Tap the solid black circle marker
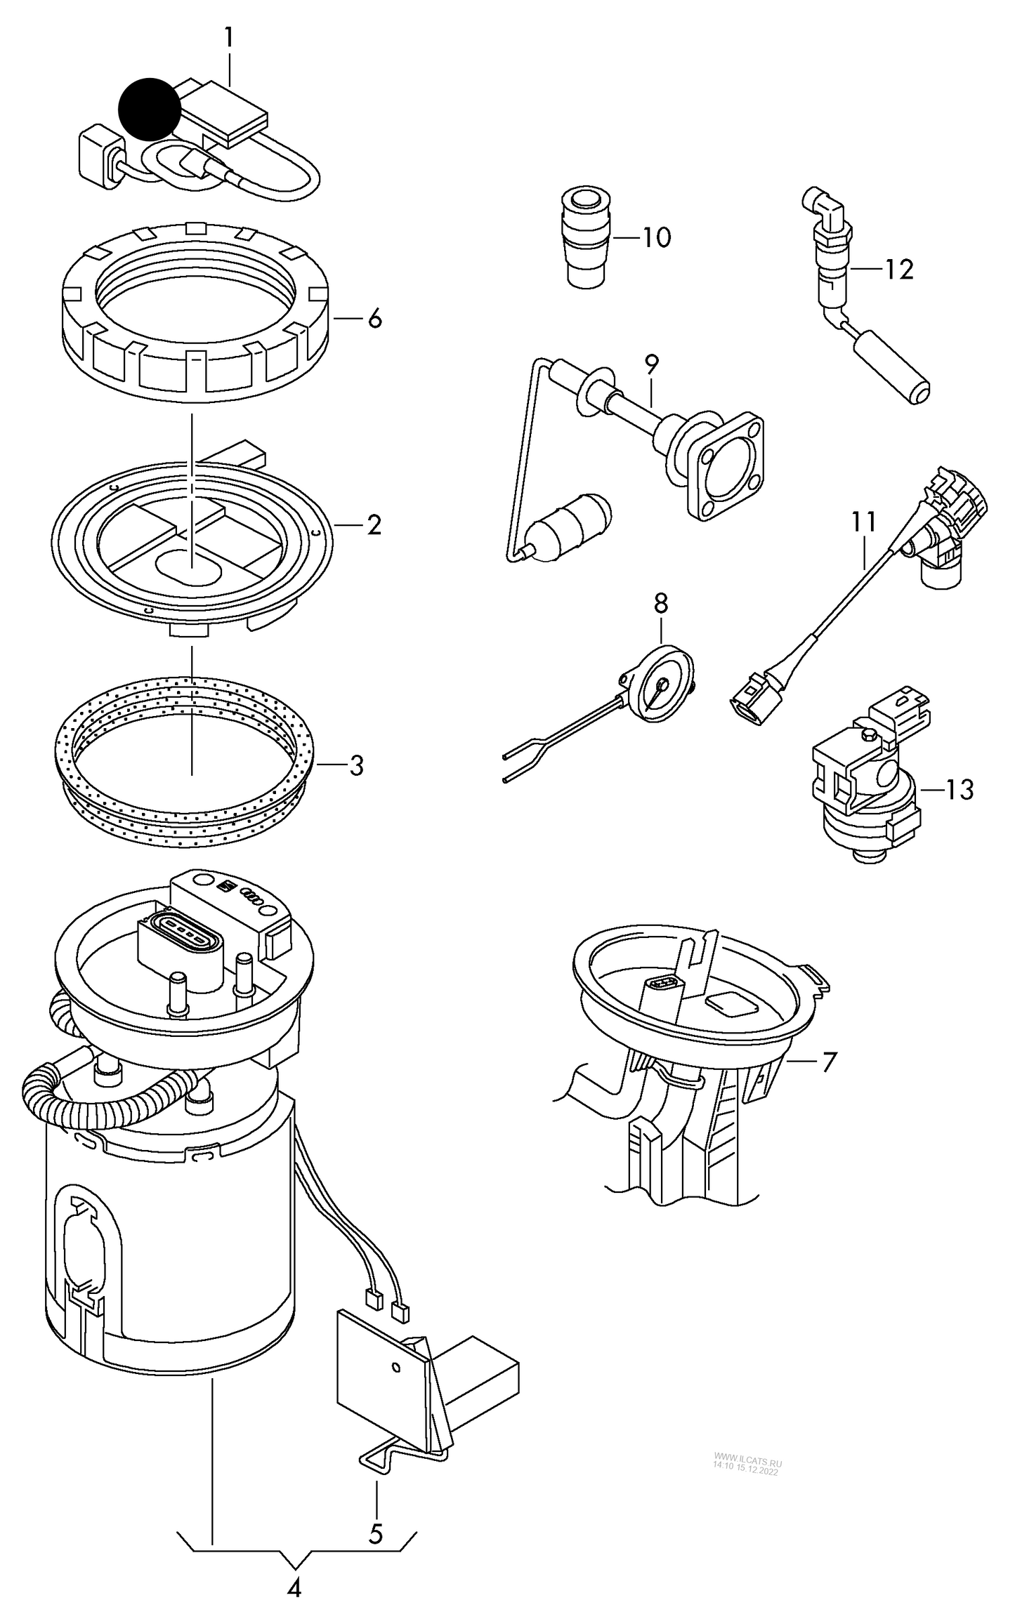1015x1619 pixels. [x=150, y=108]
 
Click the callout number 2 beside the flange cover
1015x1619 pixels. [x=374, y=524]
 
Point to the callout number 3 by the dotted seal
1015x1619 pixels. [x=356, y=765]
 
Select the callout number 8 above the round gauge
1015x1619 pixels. [x=661, y=603]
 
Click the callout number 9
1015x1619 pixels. [x=651, y=364]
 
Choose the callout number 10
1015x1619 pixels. [x=657, y=238]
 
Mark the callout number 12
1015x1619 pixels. [x=899, y=269]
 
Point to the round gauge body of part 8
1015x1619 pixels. [x=659, y=683]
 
